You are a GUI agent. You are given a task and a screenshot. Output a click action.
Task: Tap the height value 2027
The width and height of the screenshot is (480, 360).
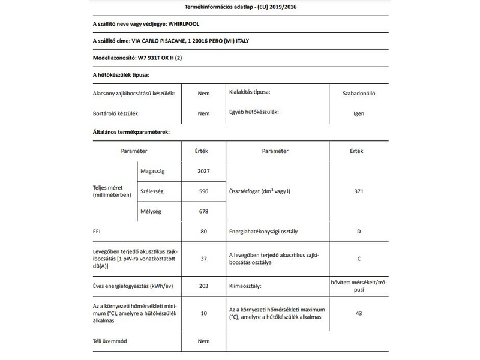[203, 171]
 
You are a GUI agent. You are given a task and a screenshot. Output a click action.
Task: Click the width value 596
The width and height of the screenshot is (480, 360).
[203, 191]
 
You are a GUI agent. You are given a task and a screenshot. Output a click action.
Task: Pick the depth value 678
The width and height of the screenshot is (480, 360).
[203, 211]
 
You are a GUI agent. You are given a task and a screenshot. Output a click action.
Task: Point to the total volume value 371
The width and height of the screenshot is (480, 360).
[359, 191]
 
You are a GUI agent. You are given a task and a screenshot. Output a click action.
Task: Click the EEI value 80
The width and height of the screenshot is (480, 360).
[203, 230]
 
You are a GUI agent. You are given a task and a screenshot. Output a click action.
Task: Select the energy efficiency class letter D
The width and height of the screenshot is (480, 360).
[359, 230]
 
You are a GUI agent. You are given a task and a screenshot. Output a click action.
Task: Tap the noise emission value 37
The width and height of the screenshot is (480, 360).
[203, 259]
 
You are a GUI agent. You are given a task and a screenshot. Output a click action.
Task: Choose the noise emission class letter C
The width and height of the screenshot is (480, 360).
[359, 259]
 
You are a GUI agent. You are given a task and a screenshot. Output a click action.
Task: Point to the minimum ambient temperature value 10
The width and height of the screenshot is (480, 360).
[203, 313]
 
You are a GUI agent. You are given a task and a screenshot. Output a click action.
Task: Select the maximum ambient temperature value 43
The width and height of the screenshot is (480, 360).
[359, 313]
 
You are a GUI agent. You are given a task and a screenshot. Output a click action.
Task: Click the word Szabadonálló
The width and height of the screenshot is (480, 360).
[359, 94]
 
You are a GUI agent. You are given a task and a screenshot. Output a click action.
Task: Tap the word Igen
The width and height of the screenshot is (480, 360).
[359, 113]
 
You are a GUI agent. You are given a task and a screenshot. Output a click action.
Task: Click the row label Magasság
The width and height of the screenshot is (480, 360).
[152, 171]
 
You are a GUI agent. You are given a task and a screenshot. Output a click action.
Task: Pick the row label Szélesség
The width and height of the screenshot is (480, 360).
[152, 191]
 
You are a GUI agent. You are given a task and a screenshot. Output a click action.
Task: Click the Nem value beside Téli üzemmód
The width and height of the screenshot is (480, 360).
[203, 341]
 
